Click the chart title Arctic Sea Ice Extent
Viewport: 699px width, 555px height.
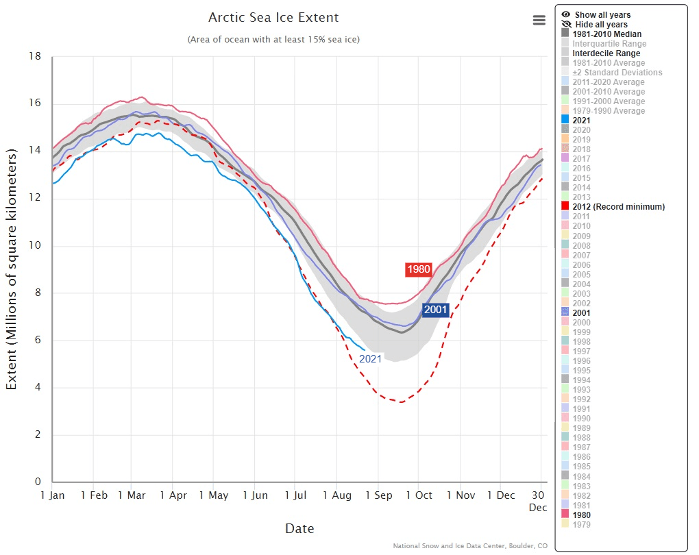273,18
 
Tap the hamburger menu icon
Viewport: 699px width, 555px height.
539,20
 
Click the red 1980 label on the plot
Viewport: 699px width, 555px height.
418,269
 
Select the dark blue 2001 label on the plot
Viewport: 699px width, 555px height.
435,310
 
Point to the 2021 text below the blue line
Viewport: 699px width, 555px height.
370,358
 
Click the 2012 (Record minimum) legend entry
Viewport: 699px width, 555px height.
618,207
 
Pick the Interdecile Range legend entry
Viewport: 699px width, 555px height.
606,53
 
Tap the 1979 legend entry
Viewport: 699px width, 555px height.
581,525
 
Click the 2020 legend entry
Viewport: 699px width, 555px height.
581,130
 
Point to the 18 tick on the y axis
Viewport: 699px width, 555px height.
35,56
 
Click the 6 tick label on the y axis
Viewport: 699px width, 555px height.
38,341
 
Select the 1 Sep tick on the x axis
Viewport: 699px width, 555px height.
378,495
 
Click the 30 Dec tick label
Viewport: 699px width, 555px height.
539,500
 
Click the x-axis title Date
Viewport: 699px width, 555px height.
299,528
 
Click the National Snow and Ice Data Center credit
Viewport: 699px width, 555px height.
470,546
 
